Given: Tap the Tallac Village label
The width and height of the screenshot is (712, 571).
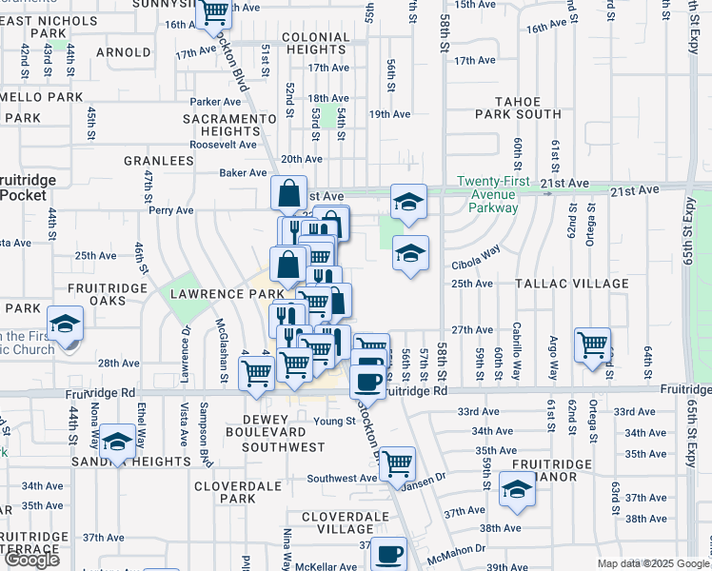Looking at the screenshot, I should click(571, 284).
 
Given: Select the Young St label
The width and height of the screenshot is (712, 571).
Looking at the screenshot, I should click(334, 421).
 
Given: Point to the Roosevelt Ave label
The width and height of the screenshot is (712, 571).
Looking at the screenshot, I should click(223, 145).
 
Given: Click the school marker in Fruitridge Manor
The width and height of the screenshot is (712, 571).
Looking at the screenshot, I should click(517, 488).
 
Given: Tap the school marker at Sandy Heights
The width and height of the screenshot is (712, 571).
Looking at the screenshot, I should click(117, 441).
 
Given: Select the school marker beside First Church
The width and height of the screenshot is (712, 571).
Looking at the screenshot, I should click(66, 325).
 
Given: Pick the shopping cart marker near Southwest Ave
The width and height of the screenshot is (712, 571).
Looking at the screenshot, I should click(396, 463).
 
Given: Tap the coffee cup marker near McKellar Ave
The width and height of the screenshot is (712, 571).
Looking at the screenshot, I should click(388, 554).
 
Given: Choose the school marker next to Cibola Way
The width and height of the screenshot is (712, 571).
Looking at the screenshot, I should click(410, 253).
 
